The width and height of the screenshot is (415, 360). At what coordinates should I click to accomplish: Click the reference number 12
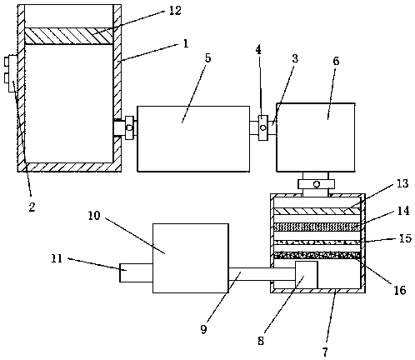175,11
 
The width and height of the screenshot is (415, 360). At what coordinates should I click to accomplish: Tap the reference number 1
186,43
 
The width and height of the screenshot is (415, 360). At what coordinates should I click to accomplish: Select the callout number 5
207,58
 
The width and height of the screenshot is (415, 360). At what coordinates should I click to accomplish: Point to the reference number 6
336,61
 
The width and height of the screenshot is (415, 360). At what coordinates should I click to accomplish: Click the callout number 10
94,216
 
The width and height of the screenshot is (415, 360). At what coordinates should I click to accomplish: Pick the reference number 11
57,258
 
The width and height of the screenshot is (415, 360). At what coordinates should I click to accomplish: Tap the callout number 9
204,329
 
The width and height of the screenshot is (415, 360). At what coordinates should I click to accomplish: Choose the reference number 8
261,341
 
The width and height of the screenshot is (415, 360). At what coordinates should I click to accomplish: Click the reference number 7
325,352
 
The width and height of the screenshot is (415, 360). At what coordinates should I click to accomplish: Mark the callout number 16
400,290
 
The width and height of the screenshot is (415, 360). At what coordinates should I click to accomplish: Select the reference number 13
402,183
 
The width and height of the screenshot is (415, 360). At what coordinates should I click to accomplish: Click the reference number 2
32,207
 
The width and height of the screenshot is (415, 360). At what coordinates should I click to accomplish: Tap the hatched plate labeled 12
69,36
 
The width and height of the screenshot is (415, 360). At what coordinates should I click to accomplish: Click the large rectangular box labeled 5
193,139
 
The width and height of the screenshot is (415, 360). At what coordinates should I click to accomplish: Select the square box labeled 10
191,258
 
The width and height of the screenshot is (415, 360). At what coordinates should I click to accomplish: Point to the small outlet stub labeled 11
136,272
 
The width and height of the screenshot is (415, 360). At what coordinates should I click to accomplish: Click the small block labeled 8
307,275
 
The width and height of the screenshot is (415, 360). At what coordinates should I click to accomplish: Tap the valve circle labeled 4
263,127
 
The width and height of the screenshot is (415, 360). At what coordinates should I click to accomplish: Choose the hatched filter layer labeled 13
317,212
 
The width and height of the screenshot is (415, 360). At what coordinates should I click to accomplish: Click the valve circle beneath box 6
317,184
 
